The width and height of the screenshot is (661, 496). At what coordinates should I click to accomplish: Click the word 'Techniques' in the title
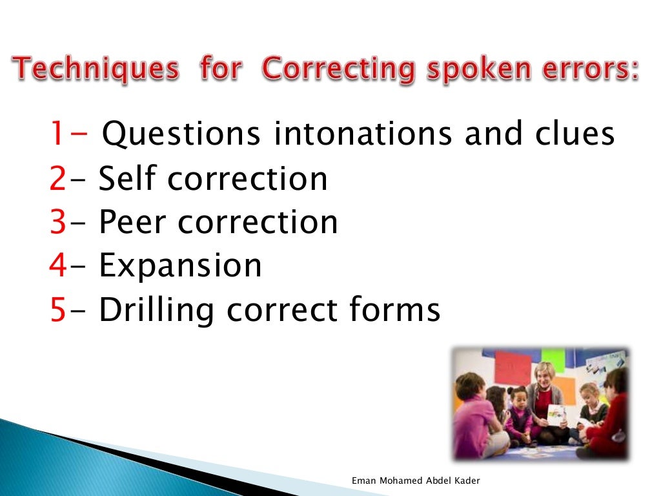[x=96, y=69]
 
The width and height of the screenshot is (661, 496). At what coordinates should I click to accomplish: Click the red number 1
[x=57, y=134]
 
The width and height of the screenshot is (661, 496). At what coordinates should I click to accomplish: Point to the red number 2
[x=57, y=179]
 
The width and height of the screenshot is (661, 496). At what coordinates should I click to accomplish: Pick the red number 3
[x=57, y=222]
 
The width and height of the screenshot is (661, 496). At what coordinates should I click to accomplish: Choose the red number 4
[x=57, y=265]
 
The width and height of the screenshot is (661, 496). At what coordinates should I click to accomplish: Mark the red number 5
[x=57, y=310]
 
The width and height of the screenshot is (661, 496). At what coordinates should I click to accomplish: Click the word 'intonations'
[x=362, y=134]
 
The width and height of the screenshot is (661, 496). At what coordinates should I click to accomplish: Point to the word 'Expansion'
[x=180, y=265]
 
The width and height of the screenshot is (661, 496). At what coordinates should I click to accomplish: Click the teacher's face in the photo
[x=544, y=374]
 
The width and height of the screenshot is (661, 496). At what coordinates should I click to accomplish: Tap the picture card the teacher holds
[x=555, y=413]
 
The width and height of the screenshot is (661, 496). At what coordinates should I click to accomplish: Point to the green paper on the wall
[x=553, y=356]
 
